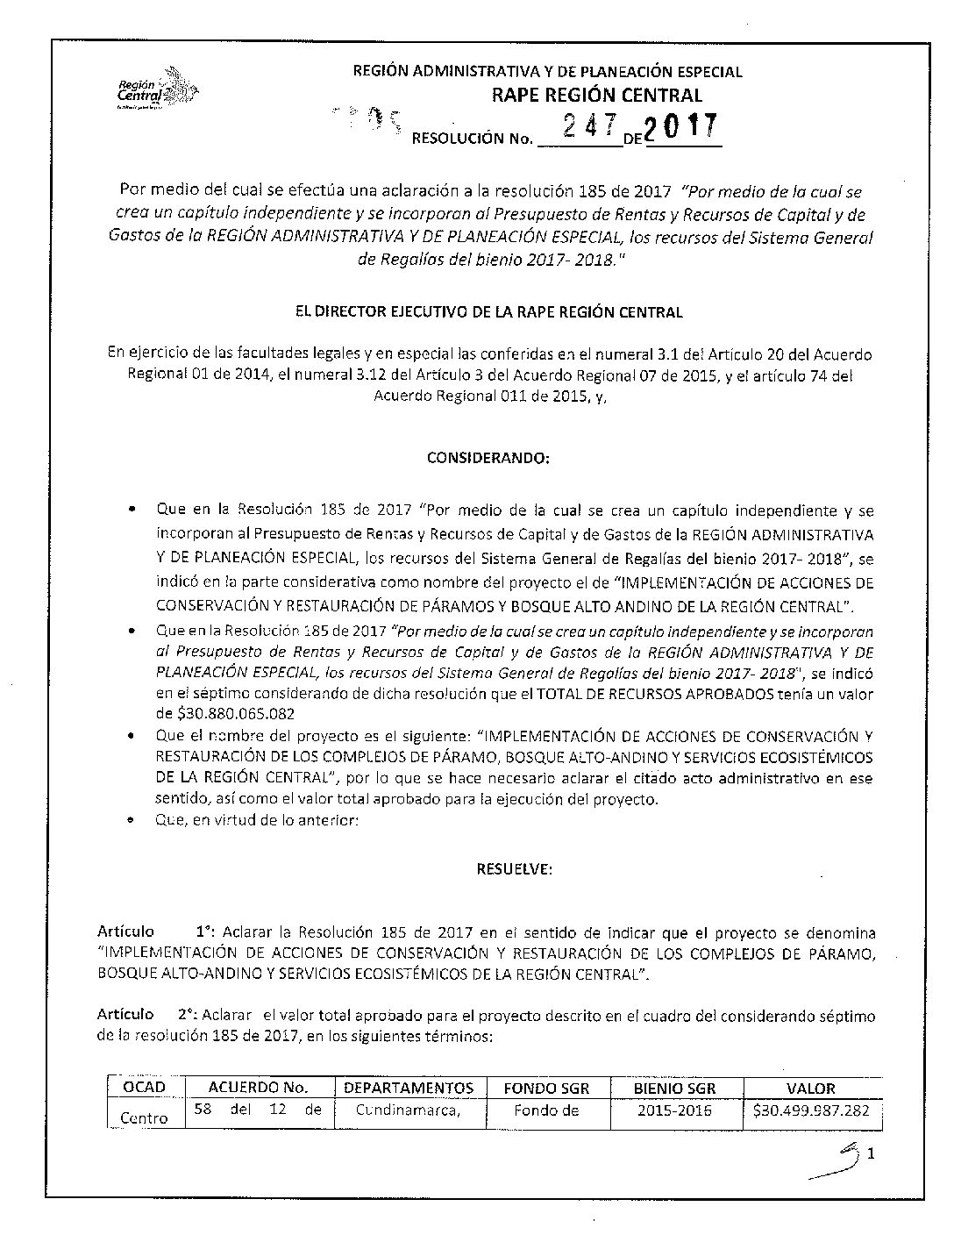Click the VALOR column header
pyautogui.click(x=811, y=1088)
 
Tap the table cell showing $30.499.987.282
pyautogui.click(x=811, y=1110)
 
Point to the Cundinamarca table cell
pyautogui.click(x=408, y=1111)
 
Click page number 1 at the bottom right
pyautogui.click(x=871, y=1155)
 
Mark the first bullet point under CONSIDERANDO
pyautogui.click(x=132, y=510)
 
